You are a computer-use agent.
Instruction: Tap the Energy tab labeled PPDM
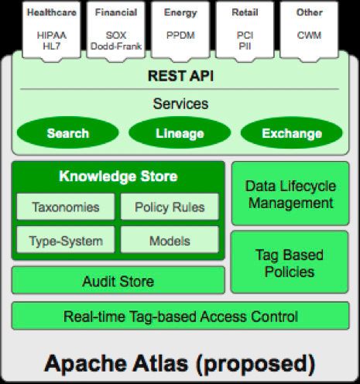[180, 29]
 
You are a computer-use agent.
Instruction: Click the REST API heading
[180, 76]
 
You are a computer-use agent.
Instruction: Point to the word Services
[180, 103]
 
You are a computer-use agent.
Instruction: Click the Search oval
[67, 133]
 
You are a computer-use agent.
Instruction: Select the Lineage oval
[180, 133]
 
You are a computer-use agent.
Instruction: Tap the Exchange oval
[292, 133]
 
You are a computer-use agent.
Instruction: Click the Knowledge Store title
[118, 177]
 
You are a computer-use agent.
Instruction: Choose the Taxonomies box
[66, 207]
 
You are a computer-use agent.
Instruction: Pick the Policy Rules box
[170, 207]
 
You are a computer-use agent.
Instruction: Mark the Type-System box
[66, 240]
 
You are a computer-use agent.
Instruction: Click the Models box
[170, 240]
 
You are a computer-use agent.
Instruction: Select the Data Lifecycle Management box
[289, 194]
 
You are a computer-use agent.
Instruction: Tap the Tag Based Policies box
[289, 263]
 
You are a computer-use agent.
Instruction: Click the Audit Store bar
[118, 281]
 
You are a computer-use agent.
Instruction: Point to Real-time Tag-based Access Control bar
[180, 316]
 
